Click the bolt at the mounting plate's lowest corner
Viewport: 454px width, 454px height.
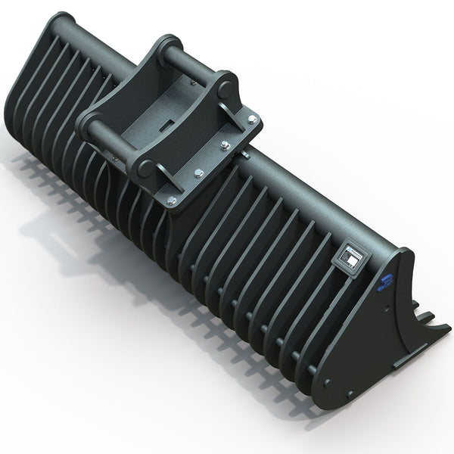click(x=172, y=200)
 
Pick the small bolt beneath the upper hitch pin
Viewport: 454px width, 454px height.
click(x=225, y=145)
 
